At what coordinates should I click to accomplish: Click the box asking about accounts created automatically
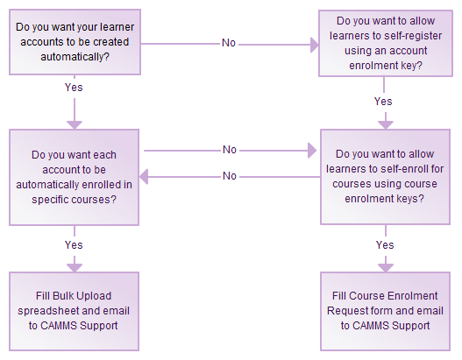[75, 42]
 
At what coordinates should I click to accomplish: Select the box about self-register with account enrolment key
[386, 43]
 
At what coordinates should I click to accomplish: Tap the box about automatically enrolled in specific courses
[74, 177]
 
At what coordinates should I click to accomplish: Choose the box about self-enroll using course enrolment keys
[385, 177]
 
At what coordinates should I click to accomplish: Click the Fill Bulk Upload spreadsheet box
[74, 311]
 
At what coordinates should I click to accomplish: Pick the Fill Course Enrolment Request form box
[385, 311]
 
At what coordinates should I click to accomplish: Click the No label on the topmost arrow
[229, 43]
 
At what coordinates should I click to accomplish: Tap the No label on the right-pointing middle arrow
[230, 150]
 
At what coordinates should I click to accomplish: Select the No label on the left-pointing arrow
[230, 176]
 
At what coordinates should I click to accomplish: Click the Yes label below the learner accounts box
[74, 88]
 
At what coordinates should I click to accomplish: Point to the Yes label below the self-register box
[383, 102]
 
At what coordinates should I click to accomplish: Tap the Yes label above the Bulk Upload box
[74, 245]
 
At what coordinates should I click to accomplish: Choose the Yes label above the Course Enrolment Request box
[385, 245]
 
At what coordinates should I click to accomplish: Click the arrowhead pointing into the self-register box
[315, 45]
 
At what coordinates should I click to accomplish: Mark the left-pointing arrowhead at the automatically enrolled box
[144, 177]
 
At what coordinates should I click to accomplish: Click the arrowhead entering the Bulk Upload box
[75, 268]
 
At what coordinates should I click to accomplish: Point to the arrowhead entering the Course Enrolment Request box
[386, 268]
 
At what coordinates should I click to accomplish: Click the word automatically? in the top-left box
[75, 57]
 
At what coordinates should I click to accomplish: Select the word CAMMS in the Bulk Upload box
[59, 326]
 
